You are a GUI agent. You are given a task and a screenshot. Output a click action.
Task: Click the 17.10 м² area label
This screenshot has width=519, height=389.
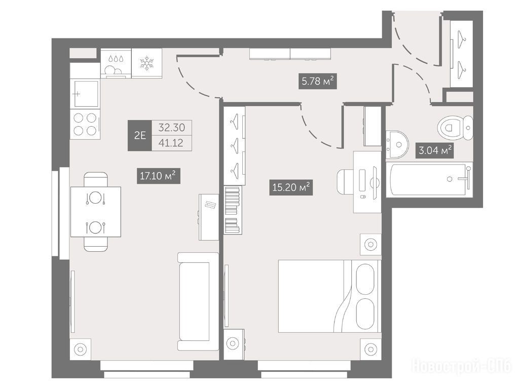click(x=159, y=176)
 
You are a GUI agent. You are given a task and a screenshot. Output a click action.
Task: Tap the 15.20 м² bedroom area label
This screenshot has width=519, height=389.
click(x=291, y=187)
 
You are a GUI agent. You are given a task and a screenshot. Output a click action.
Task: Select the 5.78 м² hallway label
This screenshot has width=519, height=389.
click(x=317, y=81)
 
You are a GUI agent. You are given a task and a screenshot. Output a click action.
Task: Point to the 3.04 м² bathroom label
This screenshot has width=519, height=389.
click(x=435, y=150)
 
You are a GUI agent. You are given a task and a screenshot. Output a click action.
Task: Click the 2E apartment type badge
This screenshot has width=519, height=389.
click(x=140, y=135)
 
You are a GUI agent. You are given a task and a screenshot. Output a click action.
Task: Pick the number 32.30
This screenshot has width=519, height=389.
click(x=171, y=127)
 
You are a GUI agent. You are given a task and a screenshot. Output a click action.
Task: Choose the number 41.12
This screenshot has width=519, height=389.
click(x=171, y=143)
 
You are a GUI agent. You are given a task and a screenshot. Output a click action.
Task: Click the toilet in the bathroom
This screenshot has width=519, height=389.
click(x=455, y=127)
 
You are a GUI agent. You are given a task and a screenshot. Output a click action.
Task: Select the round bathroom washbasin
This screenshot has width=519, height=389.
click(x=397, y=144)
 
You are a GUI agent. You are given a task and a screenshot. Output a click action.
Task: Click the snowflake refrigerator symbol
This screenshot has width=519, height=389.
click(x=146, y=63)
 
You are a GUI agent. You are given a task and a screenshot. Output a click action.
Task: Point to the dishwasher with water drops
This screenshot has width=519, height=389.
click(x=116, y=63)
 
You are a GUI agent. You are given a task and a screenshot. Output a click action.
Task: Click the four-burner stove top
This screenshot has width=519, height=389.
click(x=85, y=124)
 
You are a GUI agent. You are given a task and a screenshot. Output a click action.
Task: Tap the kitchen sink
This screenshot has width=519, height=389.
click(x=85, y=94)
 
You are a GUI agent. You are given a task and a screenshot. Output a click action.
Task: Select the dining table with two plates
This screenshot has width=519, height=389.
click(x=95, y=212)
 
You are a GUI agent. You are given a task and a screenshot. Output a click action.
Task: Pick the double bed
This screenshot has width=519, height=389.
click(x=329, y=296)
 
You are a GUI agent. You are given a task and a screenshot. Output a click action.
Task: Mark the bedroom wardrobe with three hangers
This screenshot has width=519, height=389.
click(x=234, y=145)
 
